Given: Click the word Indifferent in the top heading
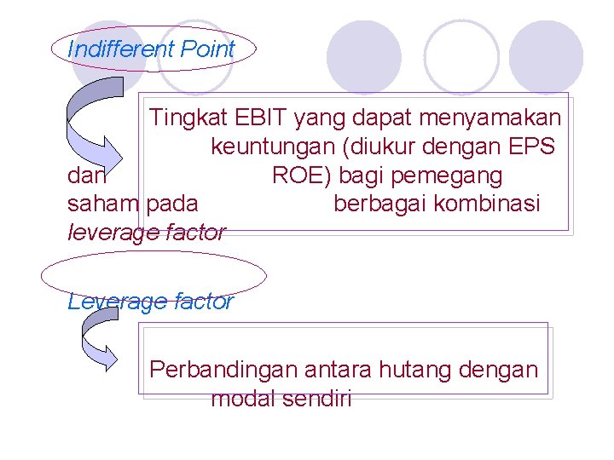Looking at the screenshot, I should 108,49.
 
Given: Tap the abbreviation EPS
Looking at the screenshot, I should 533,147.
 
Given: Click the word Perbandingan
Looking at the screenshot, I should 223,370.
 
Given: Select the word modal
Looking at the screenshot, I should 241,398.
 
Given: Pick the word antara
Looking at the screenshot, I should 337,370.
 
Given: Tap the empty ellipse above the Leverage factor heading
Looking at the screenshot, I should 153,275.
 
